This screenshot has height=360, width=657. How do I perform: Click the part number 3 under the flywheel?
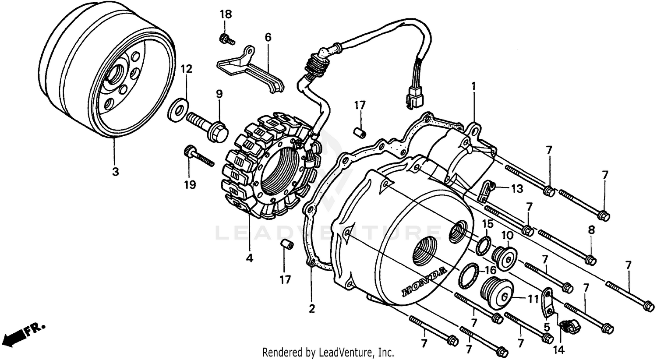click(115, 172)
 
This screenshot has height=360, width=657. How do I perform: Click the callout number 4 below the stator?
click(249, 258)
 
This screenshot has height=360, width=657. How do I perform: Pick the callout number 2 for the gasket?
click(311, 308)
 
